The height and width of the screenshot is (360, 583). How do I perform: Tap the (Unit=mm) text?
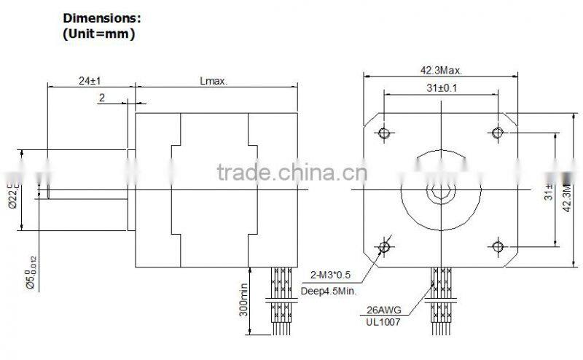point(99,34)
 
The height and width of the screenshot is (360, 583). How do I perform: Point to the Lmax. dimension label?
point(214,82)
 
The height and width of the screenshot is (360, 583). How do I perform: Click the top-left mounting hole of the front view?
point(385,133)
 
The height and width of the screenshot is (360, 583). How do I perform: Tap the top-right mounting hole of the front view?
point(498,133)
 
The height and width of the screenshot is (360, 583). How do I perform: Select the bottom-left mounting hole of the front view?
point(385,246)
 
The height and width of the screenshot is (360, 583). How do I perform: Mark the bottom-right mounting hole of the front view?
point(498,246)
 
